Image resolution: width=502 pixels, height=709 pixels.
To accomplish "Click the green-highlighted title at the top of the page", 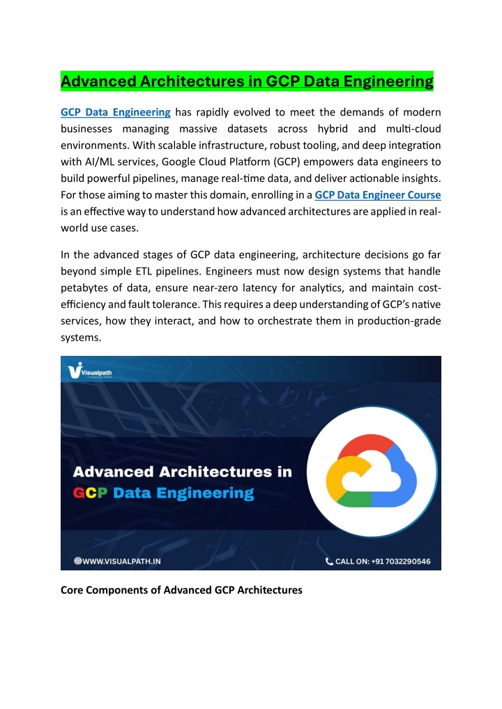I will pyautogui.click(x=247, y=82).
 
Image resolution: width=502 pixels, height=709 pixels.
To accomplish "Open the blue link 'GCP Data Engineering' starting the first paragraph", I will pyautogui.click(x=115, y=112).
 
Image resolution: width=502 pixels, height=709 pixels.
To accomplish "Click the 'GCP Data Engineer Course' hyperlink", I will pyautogui.click(x=378, y=195).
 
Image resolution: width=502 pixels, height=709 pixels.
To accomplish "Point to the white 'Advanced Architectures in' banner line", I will pyautogui.click(x=183, y=472).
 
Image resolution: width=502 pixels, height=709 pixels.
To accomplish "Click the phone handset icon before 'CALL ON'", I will pyautogui.click(x=329, y=561).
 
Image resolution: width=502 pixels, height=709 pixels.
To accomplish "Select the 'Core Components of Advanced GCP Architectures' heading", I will pyautogui.click(x=181, y=590).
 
